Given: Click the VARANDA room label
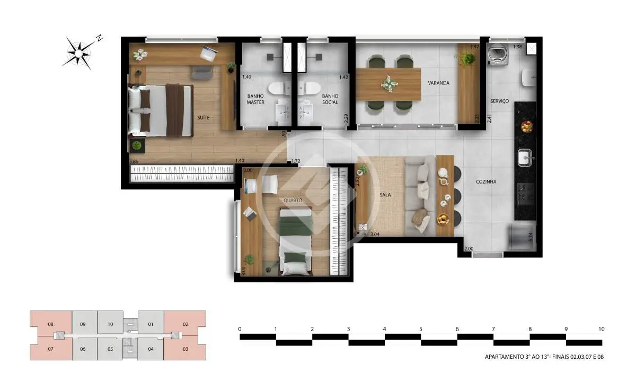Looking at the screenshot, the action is pos(438,83).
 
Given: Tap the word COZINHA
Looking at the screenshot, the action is pos(486,181).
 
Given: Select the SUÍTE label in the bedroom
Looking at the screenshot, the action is pos(204,117).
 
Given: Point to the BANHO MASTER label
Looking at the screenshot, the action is pos(255,99).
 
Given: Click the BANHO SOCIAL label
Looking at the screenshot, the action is pos(330,99).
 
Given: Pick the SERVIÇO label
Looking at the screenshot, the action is pos(499,101).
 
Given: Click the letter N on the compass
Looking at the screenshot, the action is pos(100,38).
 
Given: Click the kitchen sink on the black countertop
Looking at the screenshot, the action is pos(525,157).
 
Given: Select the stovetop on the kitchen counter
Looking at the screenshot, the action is pos(525,195).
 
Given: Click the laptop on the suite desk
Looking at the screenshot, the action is pos(209,54).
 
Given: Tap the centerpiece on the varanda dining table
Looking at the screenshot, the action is pos(389,84).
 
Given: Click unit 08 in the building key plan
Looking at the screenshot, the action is pos(51,324).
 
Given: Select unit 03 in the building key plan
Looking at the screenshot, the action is pos(185,349).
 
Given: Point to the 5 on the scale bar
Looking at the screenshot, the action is pos(421,329).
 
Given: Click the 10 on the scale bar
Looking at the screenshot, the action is pos(602,329).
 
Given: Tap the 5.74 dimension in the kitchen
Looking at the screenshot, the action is pos(531,237).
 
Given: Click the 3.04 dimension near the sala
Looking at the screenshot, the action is pos(375,235).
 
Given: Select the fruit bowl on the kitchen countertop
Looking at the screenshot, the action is pos(527,127).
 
